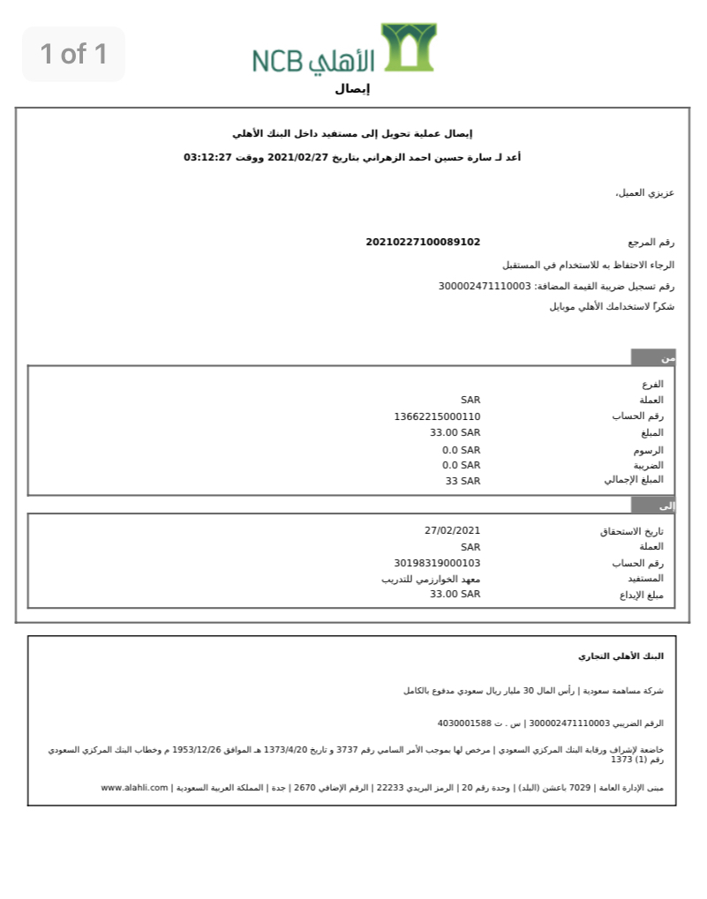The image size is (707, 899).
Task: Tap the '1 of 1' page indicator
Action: click(x=73, y=54)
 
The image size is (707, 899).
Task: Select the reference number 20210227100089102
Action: click(x=423, y=242)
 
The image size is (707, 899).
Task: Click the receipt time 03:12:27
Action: click(x=207, y=158)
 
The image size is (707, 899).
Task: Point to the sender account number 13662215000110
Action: click(x=437, y=416)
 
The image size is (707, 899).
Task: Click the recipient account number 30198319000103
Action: click(x=437, y=563)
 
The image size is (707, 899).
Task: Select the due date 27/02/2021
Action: click(x=452, y=530)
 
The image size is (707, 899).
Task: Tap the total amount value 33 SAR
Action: click(x=463, y=481)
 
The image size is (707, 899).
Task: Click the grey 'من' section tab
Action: click(x=653, y=357)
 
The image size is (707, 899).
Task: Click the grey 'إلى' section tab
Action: click(x=653, y=506)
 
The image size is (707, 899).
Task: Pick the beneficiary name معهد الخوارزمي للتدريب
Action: click(x=431, y=579)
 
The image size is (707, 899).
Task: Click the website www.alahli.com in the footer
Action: click(x=134, y=788)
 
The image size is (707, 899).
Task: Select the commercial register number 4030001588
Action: click(x=463, y=723)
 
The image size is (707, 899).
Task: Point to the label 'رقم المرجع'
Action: click(x=651, y=242)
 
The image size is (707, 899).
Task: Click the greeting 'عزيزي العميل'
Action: click(x=645, y=192)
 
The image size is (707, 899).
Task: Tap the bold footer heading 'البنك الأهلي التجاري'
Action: click(x=621, y=656)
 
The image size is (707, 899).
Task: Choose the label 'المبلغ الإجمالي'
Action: click(x=634, y=480)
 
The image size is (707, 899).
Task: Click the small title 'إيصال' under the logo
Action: click(x=352, y=89)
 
